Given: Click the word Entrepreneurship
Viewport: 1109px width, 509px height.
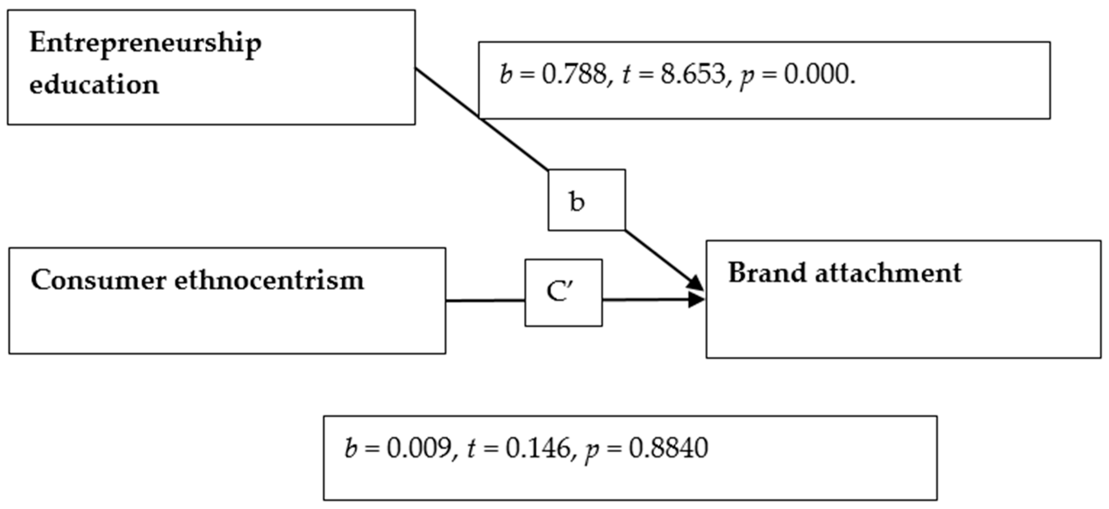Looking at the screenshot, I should pos(145,44).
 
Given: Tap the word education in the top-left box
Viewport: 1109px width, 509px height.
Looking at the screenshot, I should pos(94,84).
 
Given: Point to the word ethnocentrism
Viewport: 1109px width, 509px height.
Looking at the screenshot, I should pos(269,280).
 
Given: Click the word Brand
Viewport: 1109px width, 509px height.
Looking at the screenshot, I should pos(767,273).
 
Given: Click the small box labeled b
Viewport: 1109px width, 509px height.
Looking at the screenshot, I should pos(587,200).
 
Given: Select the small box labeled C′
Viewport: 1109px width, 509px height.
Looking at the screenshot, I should pos(563,292).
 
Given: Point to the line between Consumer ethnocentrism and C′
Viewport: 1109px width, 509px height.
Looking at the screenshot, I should pos(485,300).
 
